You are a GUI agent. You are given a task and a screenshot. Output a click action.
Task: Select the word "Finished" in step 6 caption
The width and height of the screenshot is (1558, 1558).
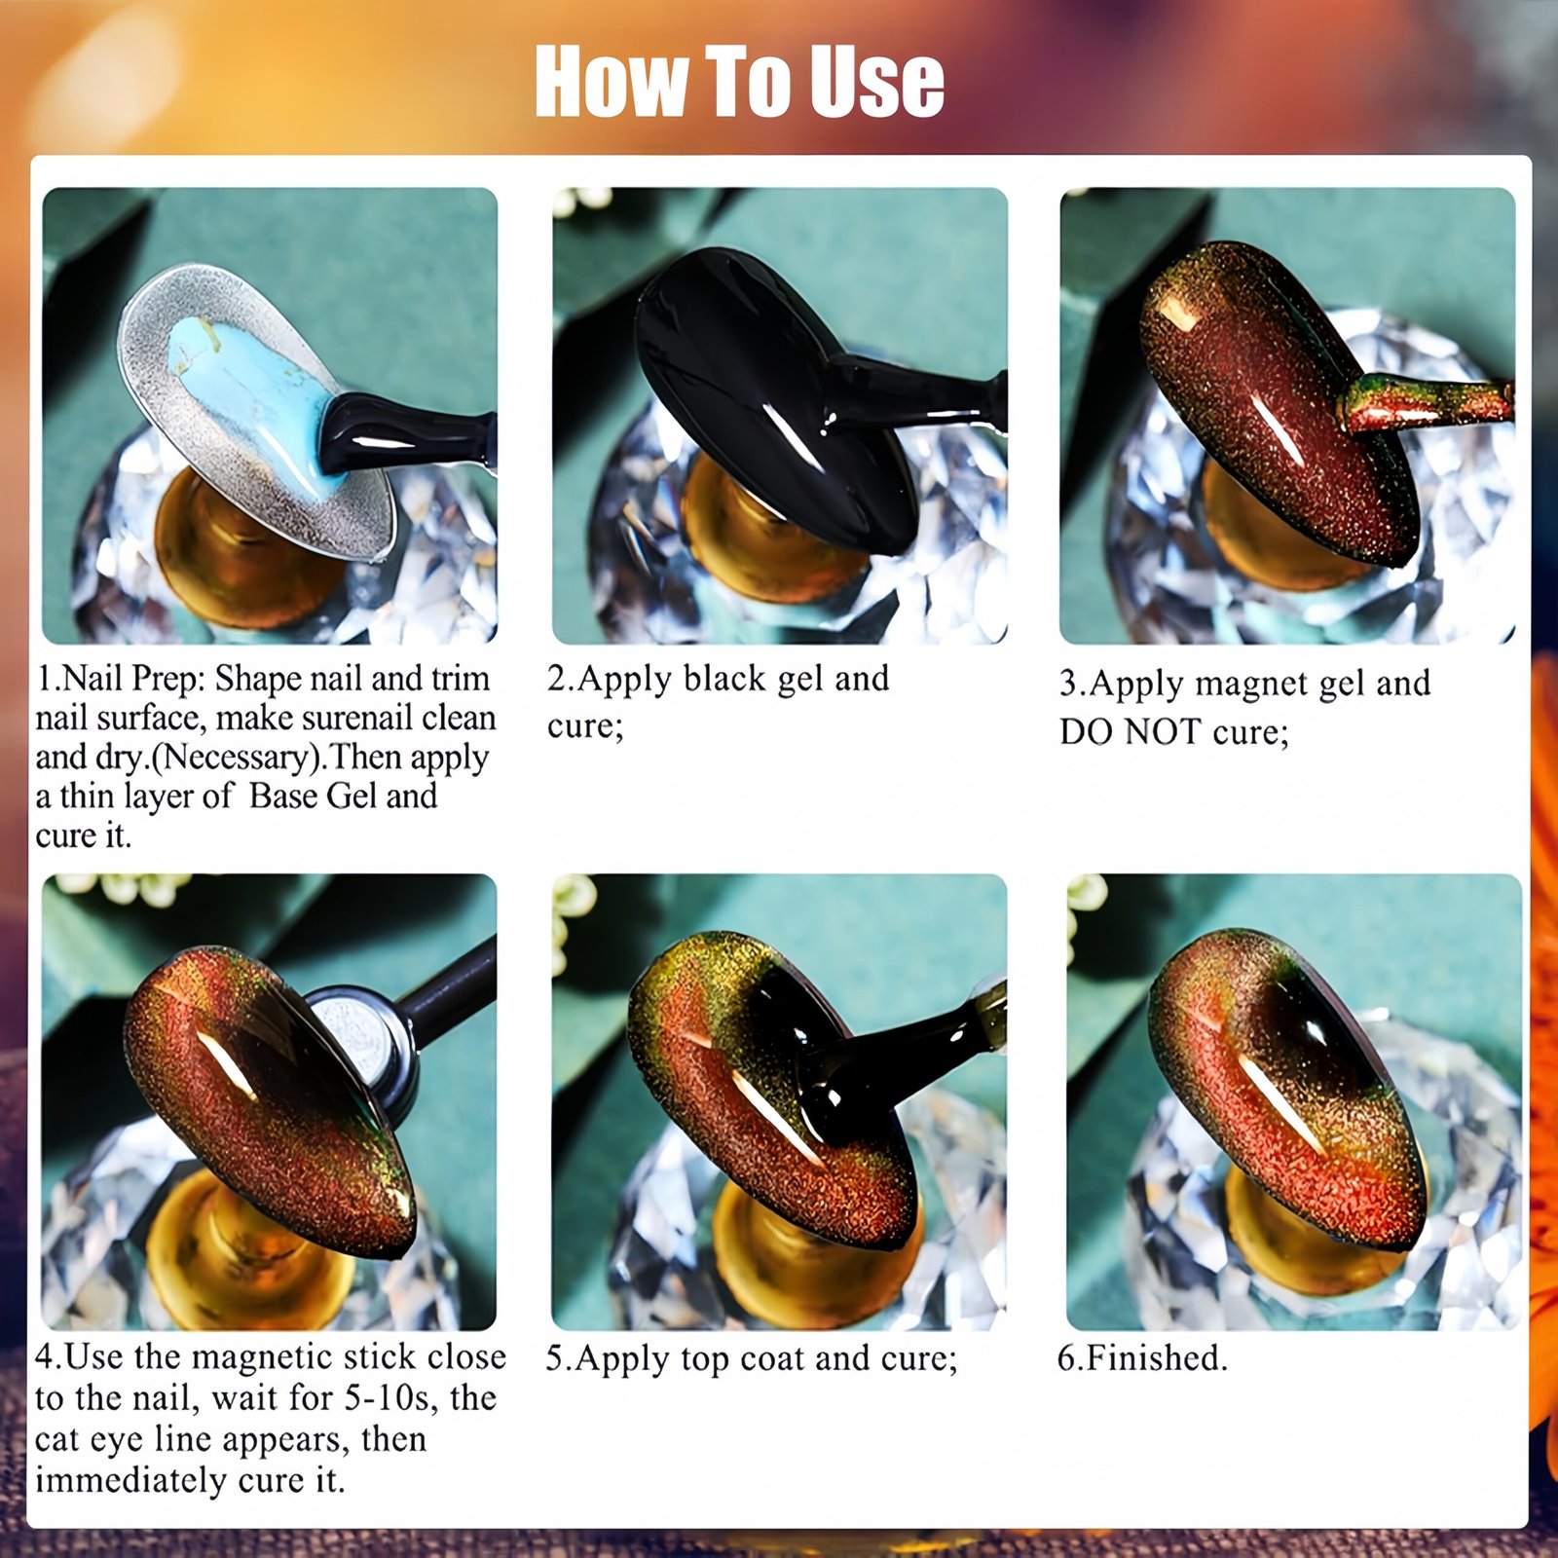pyautogui.click(x=1153, y=1357)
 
